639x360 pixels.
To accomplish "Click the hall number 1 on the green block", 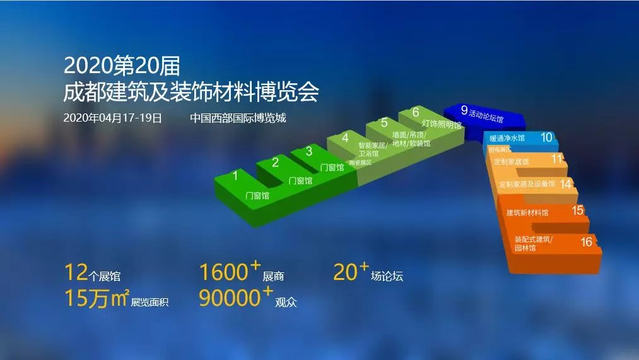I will [235, 176].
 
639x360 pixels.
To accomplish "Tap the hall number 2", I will [275, 163].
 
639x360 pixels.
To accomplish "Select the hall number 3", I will [308, 151].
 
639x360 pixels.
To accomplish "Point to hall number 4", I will [344, 137].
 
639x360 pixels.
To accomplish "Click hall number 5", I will [384, 123].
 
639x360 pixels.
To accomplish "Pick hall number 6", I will [416, 113].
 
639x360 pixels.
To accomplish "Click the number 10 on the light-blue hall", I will [546, 137].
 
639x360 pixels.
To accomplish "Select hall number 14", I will [565, 183].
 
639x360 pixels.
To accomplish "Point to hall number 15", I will [577, 211].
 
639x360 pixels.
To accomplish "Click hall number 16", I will [586, 241].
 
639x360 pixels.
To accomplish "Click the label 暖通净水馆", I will [507, 138].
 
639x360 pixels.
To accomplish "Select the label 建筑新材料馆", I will [527, 213].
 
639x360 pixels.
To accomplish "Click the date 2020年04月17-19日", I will [113, 118].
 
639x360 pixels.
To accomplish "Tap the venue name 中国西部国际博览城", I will [238, 118].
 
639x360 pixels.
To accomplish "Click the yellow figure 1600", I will [223, 272].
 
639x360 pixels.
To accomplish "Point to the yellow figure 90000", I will [229, 298].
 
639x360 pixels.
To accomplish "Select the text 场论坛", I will [387, 276].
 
